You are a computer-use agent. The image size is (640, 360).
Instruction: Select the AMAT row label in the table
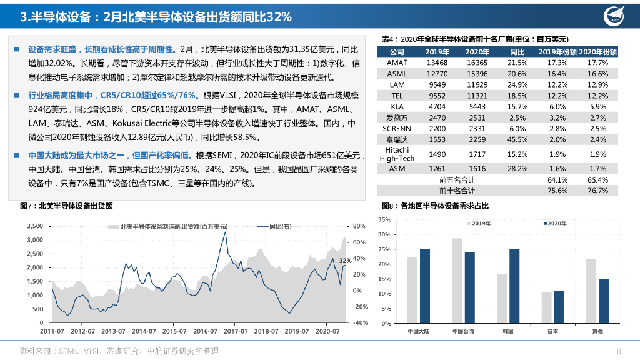pos(397,62)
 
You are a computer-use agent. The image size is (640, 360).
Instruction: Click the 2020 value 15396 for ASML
pos(477,73)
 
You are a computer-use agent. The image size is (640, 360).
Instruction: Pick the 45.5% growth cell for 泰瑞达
pos(517,139)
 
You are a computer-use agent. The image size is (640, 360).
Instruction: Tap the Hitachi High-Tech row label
pos(397,154)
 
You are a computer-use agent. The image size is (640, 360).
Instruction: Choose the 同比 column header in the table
pos(517,51)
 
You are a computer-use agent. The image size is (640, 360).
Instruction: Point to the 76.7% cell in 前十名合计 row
pos(598,191)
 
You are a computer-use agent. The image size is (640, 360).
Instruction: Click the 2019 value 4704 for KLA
pos(437,106)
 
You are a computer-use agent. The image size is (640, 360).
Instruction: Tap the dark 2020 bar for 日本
pos(559,307)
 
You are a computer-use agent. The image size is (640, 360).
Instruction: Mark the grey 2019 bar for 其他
pos(591,291)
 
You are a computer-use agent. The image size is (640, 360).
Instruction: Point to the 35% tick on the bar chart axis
pos(384,219)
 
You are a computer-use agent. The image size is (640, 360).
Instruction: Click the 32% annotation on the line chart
pos(345,260)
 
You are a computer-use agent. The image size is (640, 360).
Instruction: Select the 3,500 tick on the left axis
pos(34,226)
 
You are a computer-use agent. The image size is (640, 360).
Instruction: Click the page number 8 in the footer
pos(619,351)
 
